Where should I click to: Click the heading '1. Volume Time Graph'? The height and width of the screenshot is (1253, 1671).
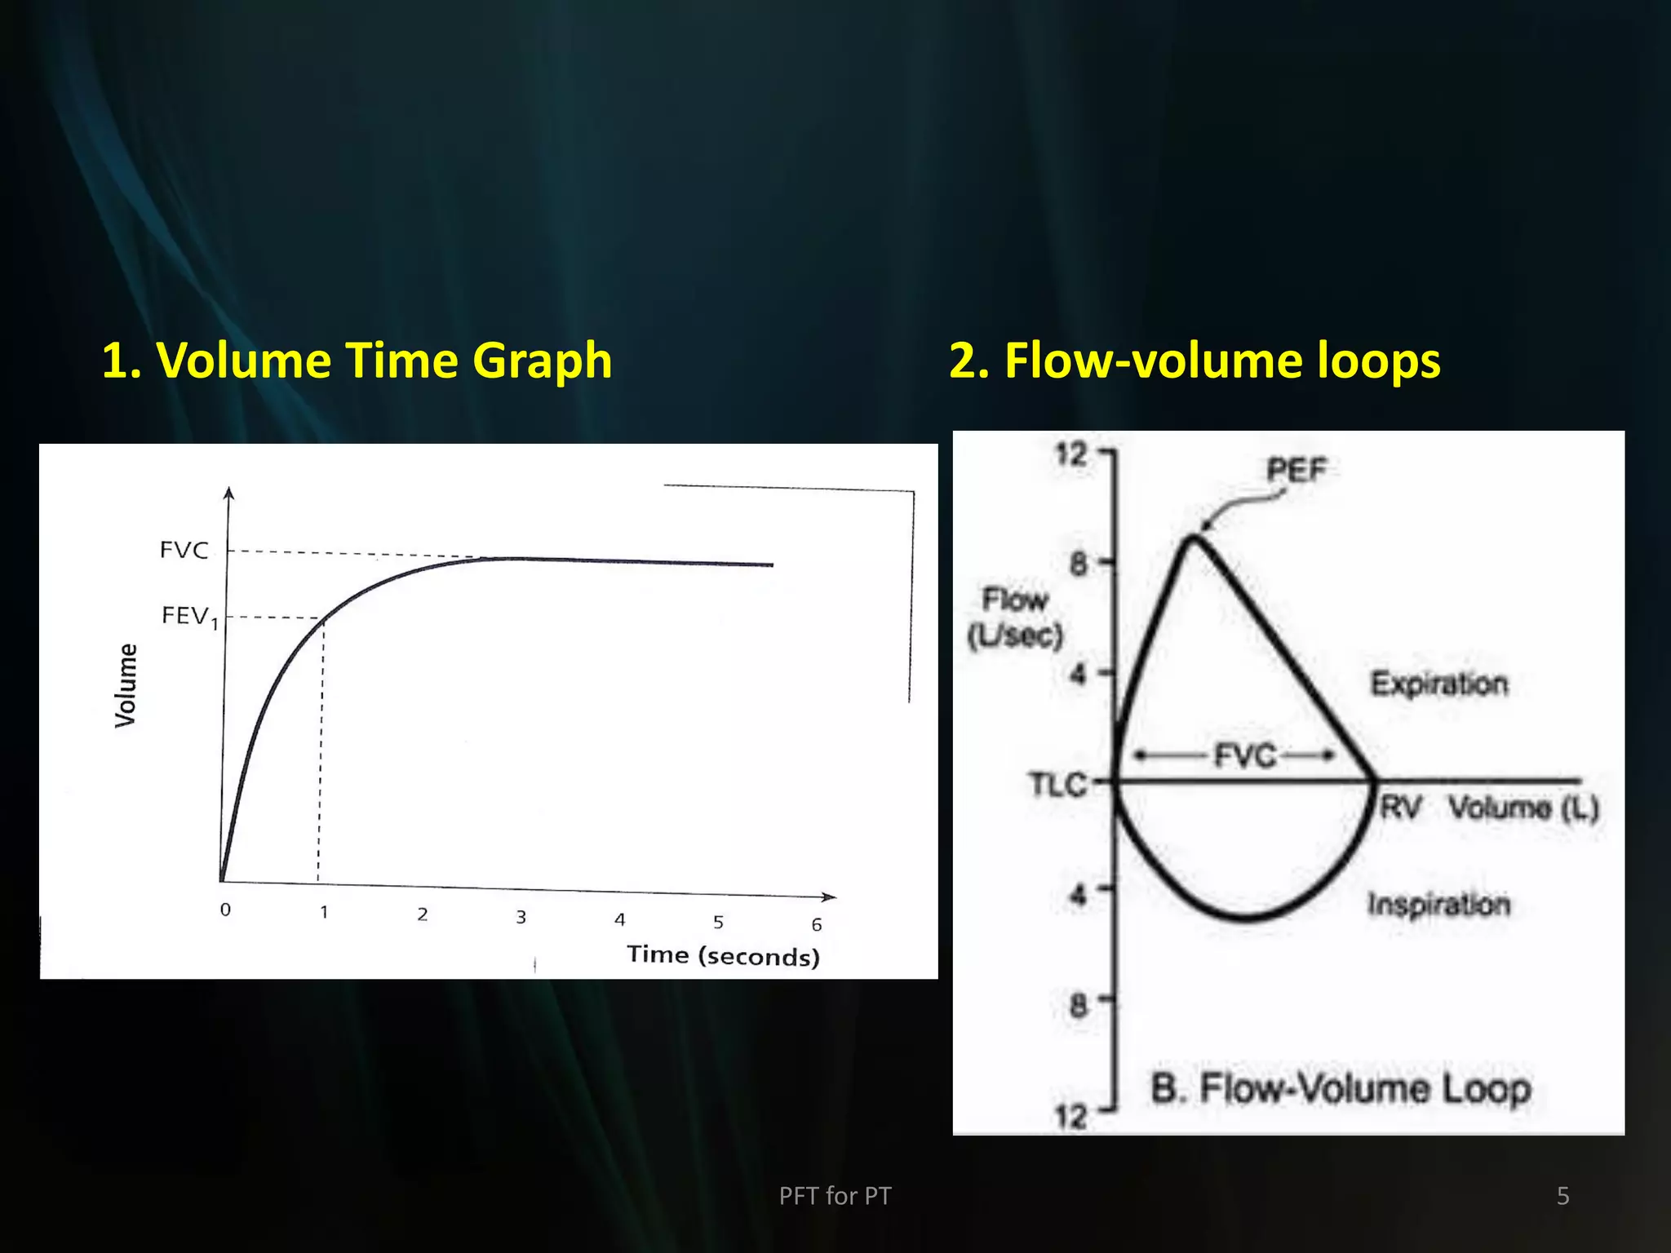357,361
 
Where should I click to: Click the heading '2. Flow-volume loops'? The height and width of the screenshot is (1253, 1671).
1195,361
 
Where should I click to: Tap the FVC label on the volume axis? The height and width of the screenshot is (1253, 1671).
184,550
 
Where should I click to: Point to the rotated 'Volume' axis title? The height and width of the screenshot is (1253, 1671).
126,685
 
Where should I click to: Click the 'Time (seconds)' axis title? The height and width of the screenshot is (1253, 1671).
723,955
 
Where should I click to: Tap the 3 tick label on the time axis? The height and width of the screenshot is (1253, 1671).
521,918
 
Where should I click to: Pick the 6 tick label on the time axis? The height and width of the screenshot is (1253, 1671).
816,925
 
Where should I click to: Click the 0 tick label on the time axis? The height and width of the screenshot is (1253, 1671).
225,910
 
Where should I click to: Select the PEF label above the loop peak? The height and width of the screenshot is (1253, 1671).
1296,470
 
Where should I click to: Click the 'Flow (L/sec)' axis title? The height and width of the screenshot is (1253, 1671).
1015,618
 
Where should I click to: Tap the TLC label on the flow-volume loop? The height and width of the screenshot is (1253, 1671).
1057,785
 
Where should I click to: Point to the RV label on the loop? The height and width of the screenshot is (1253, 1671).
1400,808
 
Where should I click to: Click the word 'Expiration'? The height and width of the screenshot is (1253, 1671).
1439,684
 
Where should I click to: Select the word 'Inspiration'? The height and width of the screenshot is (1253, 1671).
1439,904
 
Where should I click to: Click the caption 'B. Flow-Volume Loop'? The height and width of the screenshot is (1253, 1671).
1341,1089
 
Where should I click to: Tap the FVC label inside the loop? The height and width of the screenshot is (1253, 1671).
1244,756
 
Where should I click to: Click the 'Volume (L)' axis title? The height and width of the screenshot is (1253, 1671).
1523,808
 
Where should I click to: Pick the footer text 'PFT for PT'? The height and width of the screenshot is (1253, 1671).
835,1196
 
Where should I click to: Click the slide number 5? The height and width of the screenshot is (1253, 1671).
1562,1196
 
